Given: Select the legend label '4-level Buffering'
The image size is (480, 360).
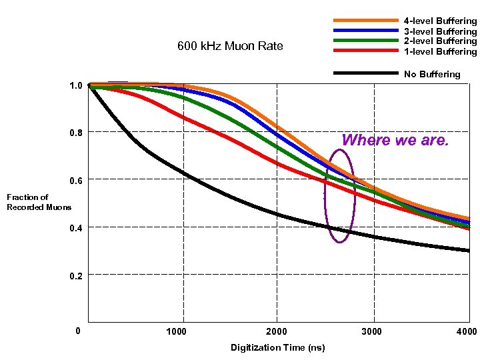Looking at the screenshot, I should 440,21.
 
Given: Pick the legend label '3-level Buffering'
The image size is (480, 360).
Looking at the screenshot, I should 440,31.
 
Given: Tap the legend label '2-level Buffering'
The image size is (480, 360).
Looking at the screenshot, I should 440,41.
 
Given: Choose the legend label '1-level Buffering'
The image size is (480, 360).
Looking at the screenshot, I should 440,51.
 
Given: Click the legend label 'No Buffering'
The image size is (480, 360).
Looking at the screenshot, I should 432,74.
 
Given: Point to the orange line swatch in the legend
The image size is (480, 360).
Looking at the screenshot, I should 365,21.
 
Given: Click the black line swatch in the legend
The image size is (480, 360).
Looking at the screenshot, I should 365,73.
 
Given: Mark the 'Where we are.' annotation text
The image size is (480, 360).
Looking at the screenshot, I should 395,141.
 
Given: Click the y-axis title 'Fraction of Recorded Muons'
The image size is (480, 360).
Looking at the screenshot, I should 39,202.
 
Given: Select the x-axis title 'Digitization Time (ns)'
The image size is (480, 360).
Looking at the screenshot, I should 277,347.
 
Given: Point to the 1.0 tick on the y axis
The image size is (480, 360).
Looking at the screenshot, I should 76,85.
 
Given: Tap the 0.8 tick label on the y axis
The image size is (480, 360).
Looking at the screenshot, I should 76,133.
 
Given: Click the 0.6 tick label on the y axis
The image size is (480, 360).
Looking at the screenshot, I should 76,181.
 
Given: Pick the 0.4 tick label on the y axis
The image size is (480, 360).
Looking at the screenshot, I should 76,228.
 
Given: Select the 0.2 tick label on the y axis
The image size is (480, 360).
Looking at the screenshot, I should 76,275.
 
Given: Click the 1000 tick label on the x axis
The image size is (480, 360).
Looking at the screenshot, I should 176,332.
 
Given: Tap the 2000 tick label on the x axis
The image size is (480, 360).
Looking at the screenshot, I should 277,332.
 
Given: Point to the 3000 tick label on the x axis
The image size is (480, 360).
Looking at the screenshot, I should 372,332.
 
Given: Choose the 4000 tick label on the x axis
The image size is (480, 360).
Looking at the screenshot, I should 467,332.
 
